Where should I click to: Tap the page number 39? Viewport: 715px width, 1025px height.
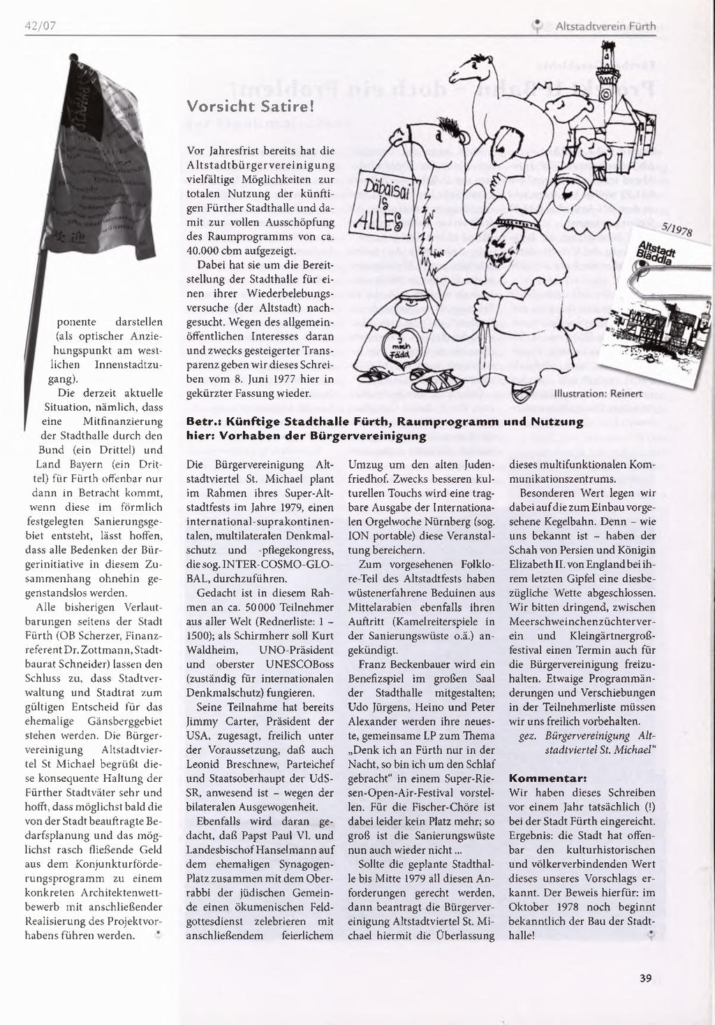coord(645,978)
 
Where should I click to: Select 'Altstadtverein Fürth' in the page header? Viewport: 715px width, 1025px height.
coord(605,27)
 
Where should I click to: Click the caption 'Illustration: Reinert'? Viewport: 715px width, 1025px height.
coord(598,393)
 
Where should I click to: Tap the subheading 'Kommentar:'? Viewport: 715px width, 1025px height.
coord(547,778)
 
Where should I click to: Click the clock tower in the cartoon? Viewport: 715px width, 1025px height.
coord(606,77)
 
